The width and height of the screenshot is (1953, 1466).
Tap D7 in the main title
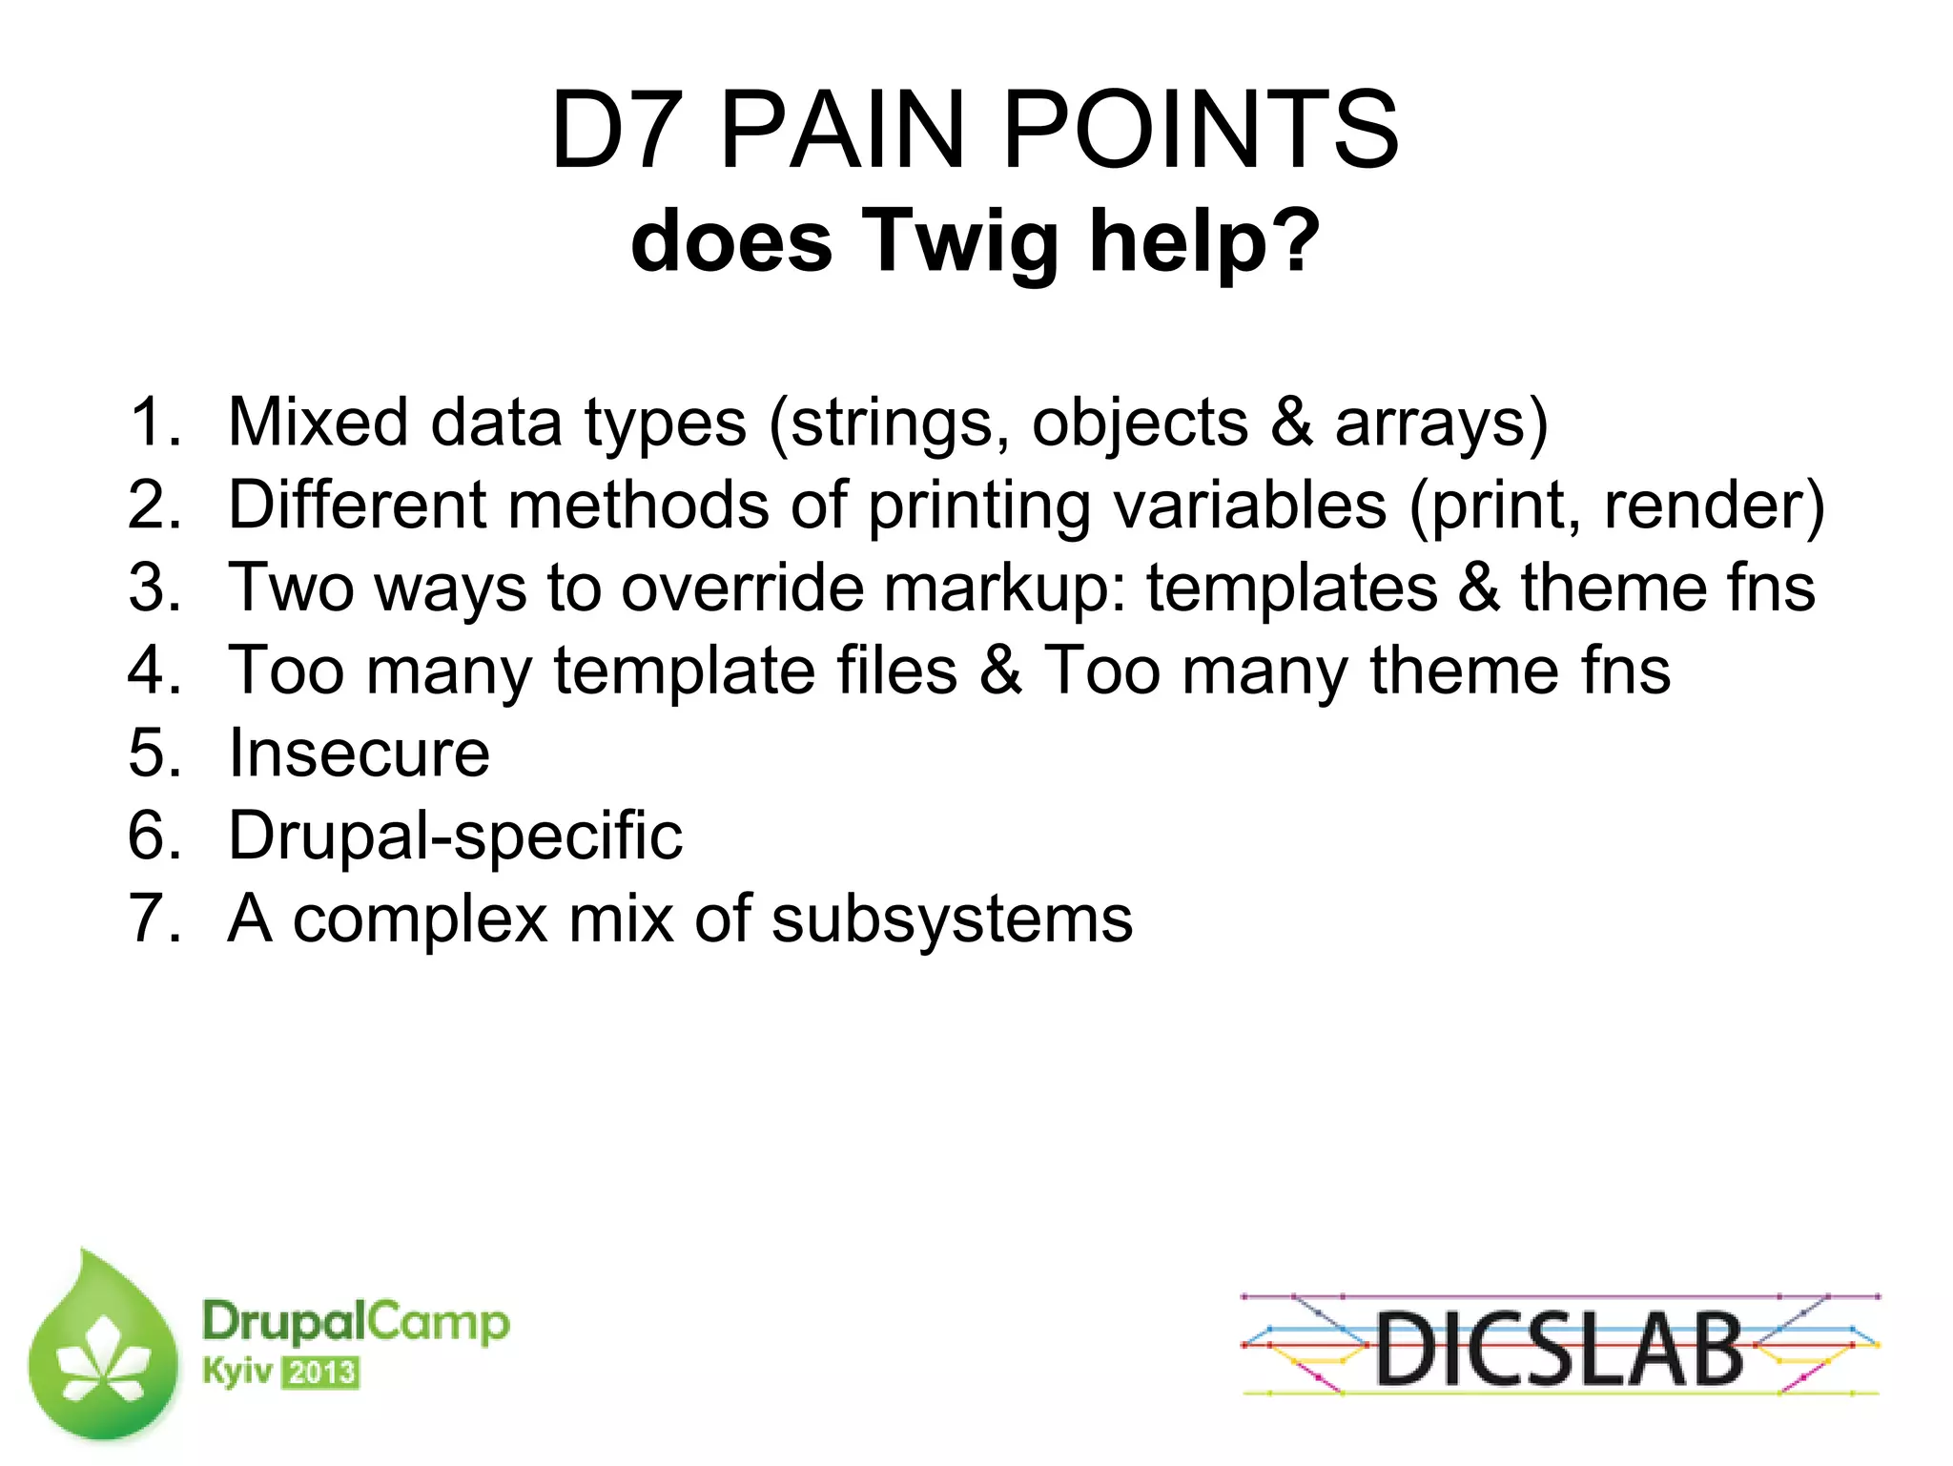618,131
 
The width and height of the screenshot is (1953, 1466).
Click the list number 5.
153,754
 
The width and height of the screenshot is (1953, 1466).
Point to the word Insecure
360,754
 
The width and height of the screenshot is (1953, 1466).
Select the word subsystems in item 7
951,919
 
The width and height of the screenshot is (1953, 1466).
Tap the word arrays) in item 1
1440,423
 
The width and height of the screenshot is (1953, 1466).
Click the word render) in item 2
1714,506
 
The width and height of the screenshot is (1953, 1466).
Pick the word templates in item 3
1291,588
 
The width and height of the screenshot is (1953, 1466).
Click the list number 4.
153,671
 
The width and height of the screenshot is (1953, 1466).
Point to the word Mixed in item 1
319,423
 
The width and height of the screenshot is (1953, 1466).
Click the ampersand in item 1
1291,423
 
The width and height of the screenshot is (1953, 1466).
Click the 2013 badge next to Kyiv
321,1373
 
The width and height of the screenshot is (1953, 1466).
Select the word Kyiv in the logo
236,1373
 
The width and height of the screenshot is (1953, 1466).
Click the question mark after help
1297,241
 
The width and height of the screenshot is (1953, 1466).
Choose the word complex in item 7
420,919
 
